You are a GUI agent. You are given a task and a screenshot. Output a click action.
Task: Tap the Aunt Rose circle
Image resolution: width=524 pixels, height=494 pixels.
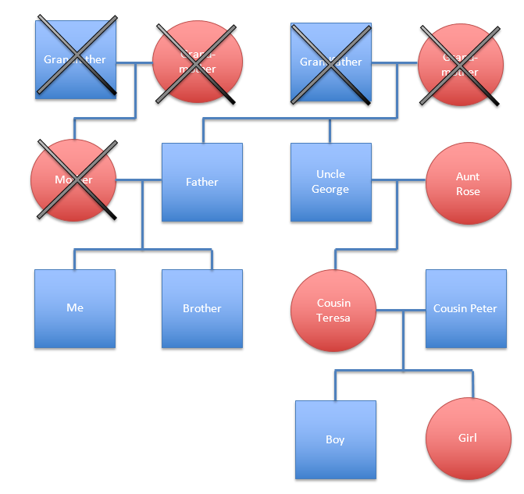(x=467, y=183)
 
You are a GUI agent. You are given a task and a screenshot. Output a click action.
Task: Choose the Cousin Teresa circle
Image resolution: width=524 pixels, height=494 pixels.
(x=333, y=311)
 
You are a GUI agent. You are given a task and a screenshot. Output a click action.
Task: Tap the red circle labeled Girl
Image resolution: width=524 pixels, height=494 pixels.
(x=467, y=438)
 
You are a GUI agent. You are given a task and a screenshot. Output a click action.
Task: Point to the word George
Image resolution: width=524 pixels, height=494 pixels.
(x=330, y=190)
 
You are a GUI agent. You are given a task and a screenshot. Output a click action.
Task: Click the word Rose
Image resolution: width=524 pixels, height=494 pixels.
(x=468, y=192)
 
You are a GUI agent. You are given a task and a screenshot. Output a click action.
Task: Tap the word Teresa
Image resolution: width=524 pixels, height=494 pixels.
(x=333, y=318)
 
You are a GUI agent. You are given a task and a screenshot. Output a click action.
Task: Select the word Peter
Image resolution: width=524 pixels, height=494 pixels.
(x=483, y=308)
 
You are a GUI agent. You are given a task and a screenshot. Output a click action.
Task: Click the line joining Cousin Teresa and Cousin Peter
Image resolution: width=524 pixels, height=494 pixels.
(x=401, y=311)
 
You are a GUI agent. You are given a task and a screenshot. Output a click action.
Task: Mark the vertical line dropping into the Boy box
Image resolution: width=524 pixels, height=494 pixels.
(x=336, y=386)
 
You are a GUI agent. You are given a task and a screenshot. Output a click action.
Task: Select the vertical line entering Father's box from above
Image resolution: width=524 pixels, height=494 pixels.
(x=203, y=131)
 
